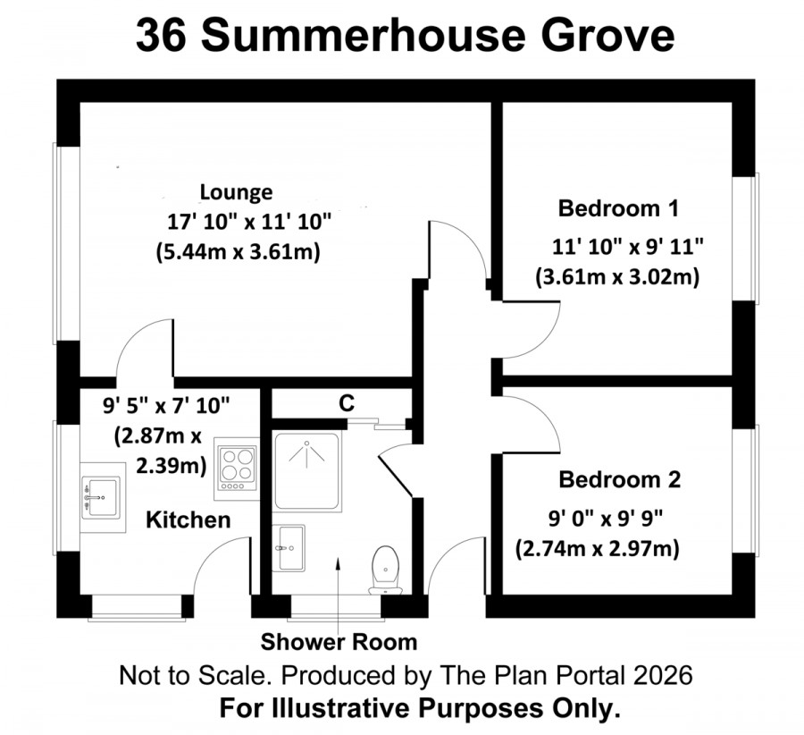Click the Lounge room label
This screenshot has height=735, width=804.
[x=236, y=192]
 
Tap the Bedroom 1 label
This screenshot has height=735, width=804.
[x=618, y=208]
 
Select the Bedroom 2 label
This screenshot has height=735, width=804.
[x=619, y=479]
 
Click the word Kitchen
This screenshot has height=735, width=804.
[x=188, y=520]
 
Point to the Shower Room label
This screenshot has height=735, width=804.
[x=339, y=642]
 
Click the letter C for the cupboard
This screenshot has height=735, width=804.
[x=347, y=403]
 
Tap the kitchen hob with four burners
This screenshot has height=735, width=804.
[x=237, y=469]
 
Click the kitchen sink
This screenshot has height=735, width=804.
[x=103, y=497]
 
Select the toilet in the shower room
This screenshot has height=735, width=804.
[x=386, y=570]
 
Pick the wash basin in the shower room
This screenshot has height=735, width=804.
[x=289, y=547]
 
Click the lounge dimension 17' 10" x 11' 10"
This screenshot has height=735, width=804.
[x=249, y=223]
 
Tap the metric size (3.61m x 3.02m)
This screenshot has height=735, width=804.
[x=617, y=277]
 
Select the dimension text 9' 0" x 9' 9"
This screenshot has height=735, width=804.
[x=606, y=520]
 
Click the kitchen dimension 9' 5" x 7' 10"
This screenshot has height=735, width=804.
[x=166, y=405]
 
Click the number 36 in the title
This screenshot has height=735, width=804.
[x=161, y=36]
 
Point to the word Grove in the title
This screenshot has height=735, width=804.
[x=607, y=36]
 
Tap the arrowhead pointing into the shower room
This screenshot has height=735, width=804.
[x=338, y=563]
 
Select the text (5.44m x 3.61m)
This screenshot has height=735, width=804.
[x=238, y=252]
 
